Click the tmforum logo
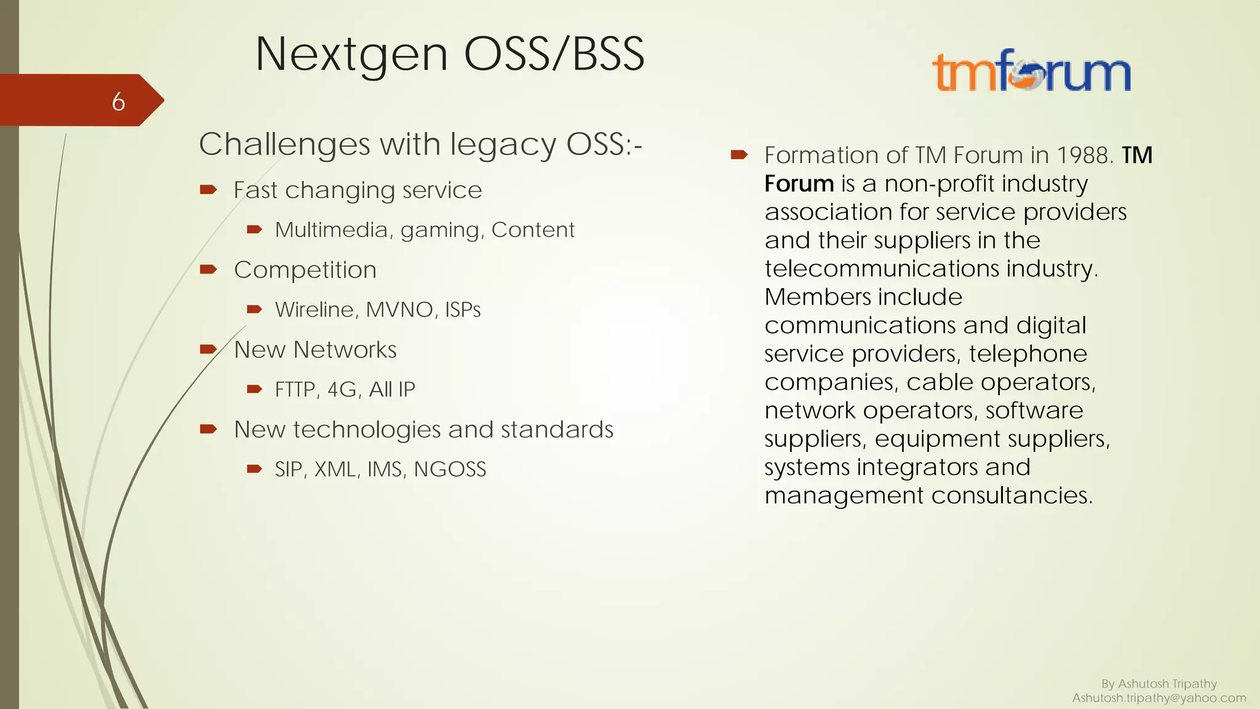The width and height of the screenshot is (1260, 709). (x=1032, y=72)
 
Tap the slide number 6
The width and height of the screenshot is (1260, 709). (x=119, y=102)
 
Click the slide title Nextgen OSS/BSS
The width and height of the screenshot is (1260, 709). (x=450, y=54)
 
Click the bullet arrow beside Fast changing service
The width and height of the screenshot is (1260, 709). (x=209, y=190)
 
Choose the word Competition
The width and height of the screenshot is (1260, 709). (x=305, y=270)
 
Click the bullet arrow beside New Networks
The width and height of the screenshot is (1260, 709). (x=209, y=350)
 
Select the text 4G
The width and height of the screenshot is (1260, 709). (x=342, y=390)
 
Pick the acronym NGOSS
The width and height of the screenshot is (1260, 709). (x=450, y=470)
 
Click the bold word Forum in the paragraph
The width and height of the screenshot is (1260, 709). (x=799, y=183)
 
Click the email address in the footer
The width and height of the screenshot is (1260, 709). (x=1158, y=698)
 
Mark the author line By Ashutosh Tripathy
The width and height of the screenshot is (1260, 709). (x=1158, y=684)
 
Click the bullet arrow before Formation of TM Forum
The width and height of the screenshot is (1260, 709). (x=739, y=154)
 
